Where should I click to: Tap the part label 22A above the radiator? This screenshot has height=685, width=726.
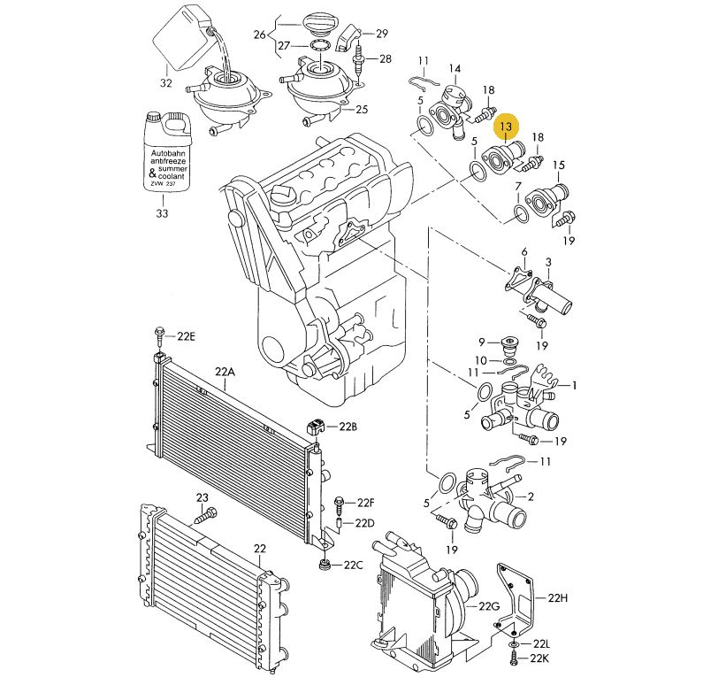[225, 373]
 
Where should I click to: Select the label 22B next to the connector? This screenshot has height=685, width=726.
[348, 427]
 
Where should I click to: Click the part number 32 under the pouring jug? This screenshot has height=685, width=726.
[165, 84]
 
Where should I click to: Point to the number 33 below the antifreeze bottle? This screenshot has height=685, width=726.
[161, 213]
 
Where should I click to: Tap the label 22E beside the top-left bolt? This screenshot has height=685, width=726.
[186, 336]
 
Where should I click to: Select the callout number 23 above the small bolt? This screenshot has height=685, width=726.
[202, 497]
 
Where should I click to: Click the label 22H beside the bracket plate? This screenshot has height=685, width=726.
[556, 598]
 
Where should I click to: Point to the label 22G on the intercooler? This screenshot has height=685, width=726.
[489, 606]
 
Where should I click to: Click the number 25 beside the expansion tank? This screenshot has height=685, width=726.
[361, 111]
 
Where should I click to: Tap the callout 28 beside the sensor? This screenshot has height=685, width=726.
[385, 59]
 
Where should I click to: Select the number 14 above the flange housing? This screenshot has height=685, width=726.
[455, 68]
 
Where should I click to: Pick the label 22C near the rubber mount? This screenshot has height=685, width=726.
[354, 566]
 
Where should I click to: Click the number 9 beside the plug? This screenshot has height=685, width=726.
[482, 342]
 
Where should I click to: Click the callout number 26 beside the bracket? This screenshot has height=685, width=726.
[259, 35]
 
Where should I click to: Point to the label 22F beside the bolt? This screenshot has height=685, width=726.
[366, 503]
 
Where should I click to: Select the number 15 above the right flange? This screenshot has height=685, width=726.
[558, 165]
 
